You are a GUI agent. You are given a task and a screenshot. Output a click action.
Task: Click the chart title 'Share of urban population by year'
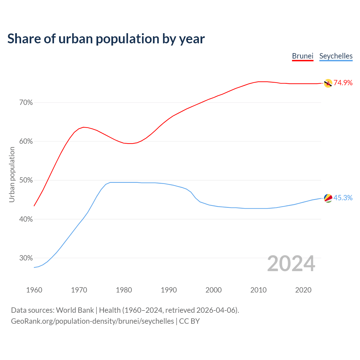coord(106,39)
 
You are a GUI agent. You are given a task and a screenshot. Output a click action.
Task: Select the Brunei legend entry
coord(303,56)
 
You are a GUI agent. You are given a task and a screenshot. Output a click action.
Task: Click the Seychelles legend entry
coord(336,56)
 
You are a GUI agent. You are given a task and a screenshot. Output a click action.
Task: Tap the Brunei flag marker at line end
coord(328,83)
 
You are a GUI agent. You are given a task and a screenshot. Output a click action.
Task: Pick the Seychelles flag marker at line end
coord(328,198)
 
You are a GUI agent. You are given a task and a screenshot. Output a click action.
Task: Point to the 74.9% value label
coord(343,83)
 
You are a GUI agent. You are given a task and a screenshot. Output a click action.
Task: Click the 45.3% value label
coord(343,198)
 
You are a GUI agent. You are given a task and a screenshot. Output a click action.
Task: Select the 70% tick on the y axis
coord(26,103)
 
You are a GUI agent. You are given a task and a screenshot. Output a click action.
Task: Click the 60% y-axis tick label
coord(26,141)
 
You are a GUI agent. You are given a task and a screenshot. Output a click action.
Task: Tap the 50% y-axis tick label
coord(26,180)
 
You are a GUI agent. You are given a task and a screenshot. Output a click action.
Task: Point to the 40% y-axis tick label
coord(26,219)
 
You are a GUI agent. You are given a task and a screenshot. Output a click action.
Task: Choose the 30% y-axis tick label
coord(26,258)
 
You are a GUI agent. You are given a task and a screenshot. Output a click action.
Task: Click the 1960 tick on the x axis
coord(34,290)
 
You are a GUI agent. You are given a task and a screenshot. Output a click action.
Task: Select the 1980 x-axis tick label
coord(124,290)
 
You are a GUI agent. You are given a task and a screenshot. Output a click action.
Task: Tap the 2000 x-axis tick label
coord(214,290)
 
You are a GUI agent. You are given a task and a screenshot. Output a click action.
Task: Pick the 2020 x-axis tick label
coord(303,290)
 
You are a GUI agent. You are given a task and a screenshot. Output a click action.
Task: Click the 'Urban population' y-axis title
coord(12,174)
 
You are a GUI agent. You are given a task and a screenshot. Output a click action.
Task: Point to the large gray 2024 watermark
coord(291,264)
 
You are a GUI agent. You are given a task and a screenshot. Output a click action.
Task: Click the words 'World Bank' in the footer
coord(75,310)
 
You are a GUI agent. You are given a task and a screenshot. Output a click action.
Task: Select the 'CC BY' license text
coord(189,321)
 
